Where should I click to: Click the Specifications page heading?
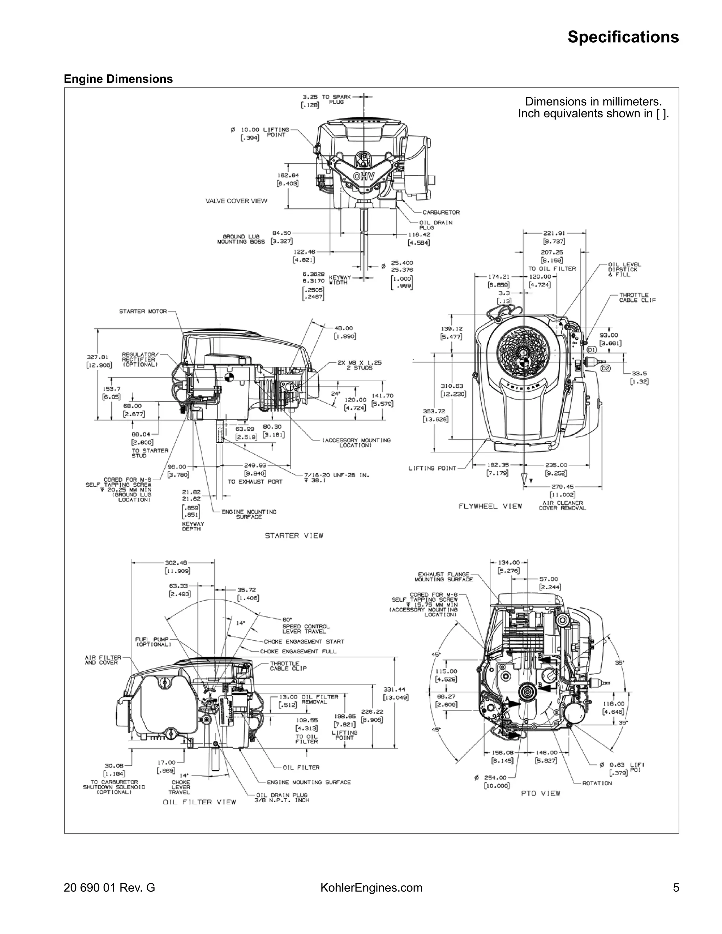coord(623,37)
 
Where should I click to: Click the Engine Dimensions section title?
coord(118,79)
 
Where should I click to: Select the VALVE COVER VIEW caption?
coord(236,201)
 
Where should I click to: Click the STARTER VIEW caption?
coord(294,535)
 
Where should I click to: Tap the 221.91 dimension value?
coord(554,233)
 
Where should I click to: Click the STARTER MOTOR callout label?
coord(143,311)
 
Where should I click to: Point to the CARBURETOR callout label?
coord(441,212)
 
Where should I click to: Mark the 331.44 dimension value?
coord(394,689)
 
